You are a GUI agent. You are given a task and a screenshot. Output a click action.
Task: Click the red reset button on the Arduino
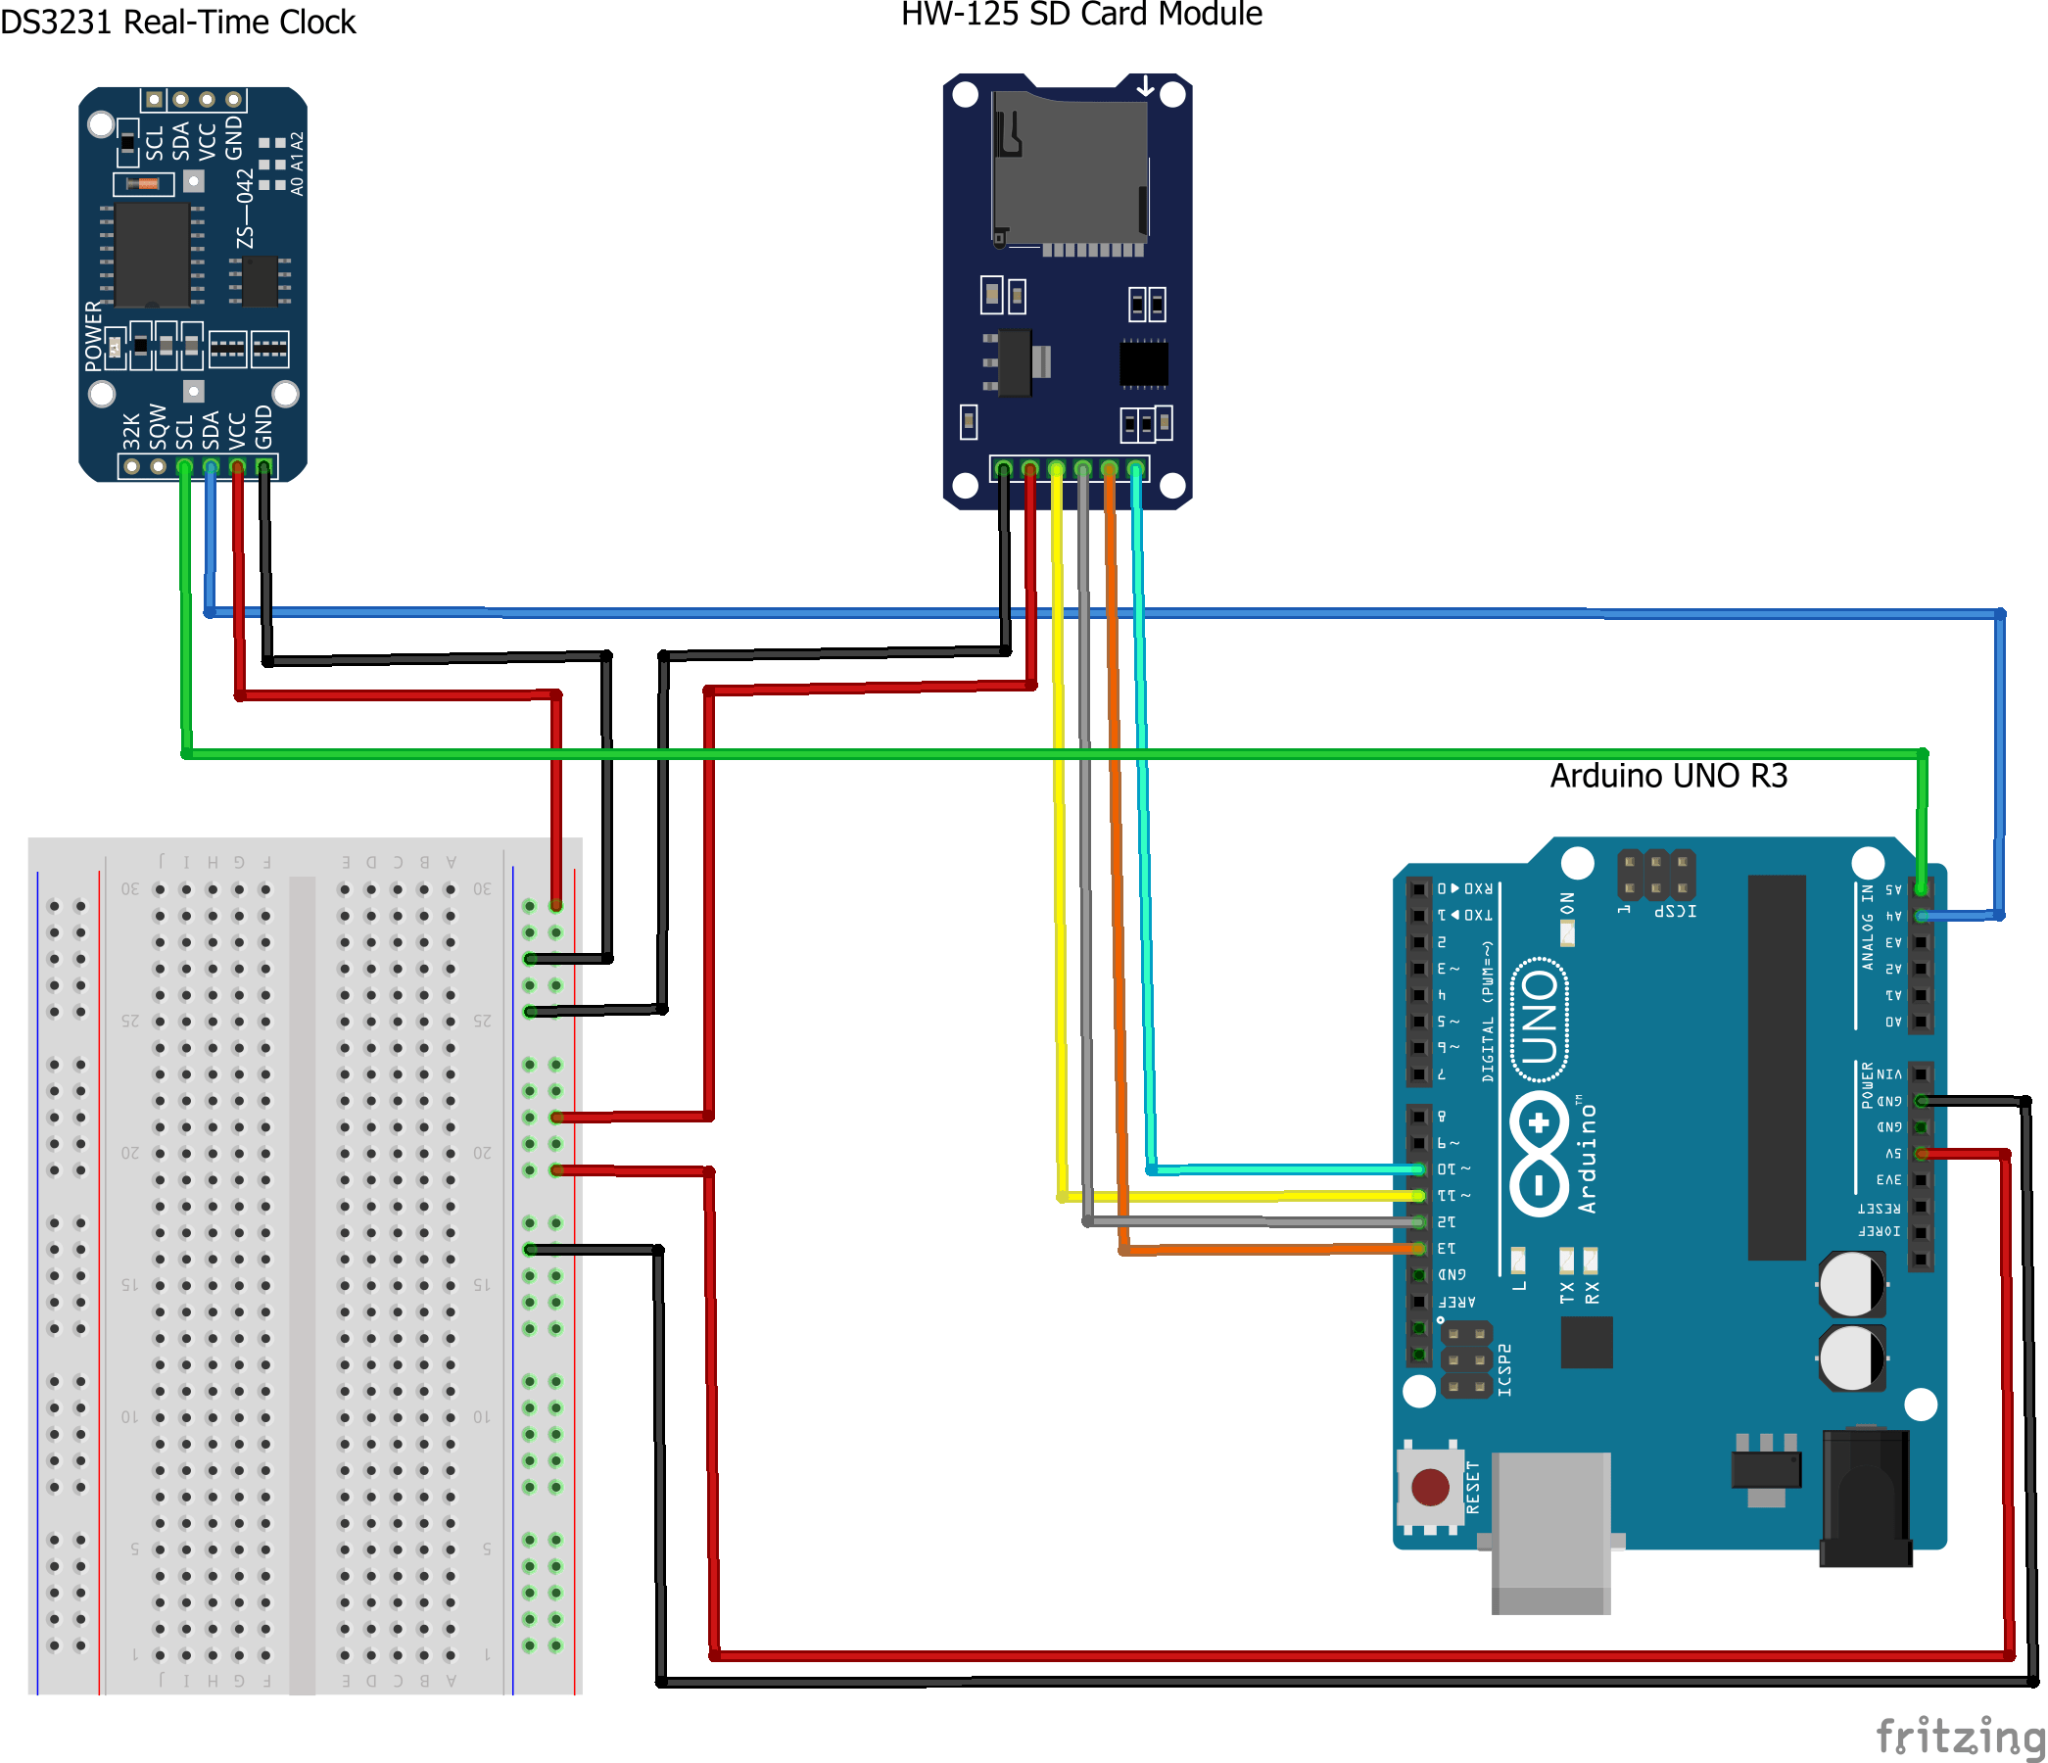[1429, 1485]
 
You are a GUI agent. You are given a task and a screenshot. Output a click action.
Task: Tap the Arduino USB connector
[1549, 1532]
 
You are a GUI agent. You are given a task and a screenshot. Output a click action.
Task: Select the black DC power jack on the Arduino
[1865, 1498]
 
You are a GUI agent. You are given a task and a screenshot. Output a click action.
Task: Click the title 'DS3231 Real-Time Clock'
[178, 22]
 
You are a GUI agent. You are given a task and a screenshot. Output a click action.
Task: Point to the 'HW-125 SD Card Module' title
[1081, 14]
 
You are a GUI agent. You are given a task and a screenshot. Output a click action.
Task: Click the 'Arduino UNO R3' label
[1668, 776]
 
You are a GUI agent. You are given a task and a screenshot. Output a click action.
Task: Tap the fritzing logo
[1959, 1735]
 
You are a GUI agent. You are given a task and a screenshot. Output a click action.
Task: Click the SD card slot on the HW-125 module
[1070, 168]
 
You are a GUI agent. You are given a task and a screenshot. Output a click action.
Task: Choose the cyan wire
[1144, 889]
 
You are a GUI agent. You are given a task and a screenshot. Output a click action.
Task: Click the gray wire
[1085, 889]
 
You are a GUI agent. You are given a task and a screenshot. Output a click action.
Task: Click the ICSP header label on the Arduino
[1676, 910]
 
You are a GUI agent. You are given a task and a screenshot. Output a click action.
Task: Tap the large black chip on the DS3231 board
[152, 255]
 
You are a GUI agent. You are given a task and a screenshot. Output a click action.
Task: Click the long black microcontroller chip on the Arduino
[1776, 1068]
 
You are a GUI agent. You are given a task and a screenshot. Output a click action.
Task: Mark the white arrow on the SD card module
[1145, 87]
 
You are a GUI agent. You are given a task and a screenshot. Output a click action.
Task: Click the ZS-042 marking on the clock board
[245, 209]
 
